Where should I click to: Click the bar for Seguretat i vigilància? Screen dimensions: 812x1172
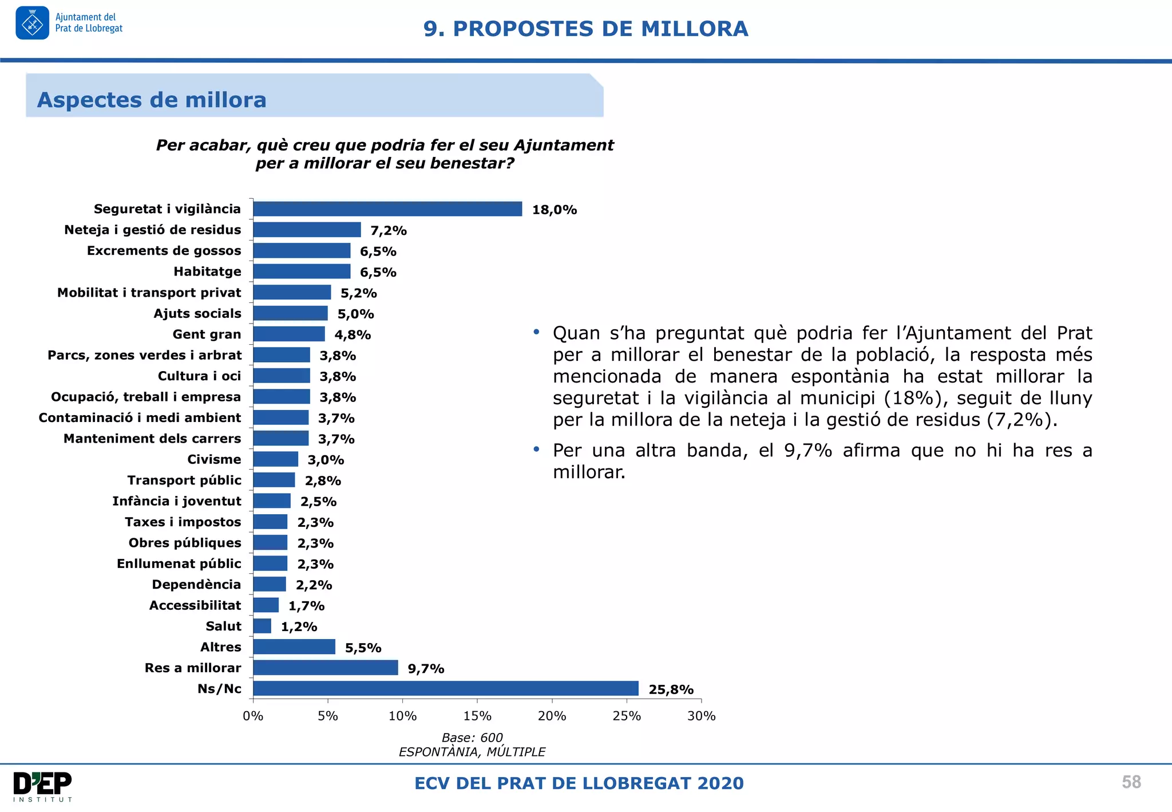(387, 209)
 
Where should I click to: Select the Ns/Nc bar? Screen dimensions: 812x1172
(445, 688)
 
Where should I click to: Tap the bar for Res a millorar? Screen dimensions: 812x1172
(325, 668)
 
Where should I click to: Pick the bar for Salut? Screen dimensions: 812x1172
(262, 626)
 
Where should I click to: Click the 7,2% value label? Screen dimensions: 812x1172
(388, 231)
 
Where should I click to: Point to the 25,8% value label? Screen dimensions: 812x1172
(671, 689)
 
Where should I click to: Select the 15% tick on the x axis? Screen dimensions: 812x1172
(477, 716)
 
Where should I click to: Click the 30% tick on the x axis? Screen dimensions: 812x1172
(701, 716)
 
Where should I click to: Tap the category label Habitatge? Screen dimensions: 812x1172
(207, 271)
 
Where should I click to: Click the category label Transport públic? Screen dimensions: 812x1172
(184, 480)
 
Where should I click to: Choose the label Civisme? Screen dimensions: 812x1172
(214, 459)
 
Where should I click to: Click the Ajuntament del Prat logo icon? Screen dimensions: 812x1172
(33, 23)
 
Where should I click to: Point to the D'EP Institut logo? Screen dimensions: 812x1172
(42, 786)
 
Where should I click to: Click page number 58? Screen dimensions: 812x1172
(1131, 782)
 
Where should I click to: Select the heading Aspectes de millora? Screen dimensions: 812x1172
(152, 100)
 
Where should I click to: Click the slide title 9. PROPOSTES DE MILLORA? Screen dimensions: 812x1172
(585, 29)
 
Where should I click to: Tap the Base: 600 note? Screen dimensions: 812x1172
(472, 738)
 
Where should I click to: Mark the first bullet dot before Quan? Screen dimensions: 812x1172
(536, 332)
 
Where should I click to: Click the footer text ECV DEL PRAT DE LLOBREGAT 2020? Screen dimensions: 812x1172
(579, 783)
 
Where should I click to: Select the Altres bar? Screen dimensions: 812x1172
(294, 647)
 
